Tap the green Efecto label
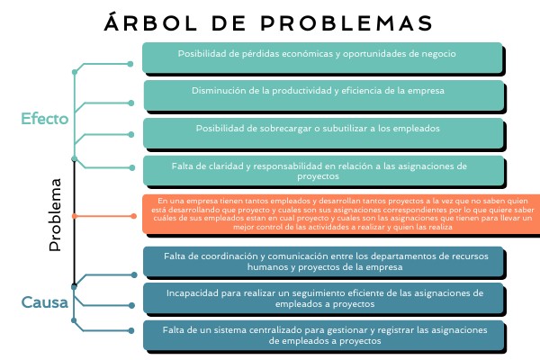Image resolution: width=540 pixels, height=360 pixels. (x=44, y=118)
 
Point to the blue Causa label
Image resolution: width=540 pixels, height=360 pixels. (x=45, y=302)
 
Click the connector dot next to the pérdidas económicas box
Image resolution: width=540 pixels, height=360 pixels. (x=130, y=64)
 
